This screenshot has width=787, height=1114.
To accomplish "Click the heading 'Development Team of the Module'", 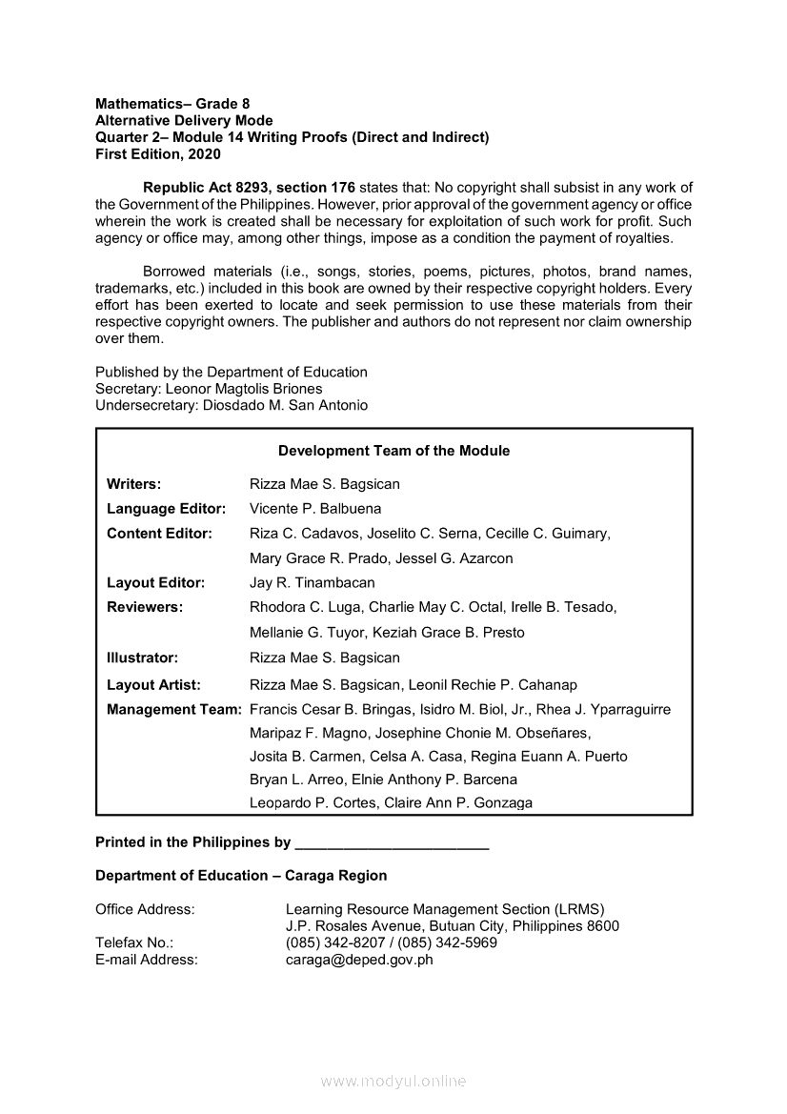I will point(393,451).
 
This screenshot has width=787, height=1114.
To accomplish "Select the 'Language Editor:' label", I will point(166,509).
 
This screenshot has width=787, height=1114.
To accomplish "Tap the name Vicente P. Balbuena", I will point(315,509).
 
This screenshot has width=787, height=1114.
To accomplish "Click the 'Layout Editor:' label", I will point(155,582).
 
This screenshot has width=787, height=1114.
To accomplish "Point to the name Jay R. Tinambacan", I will point(313,582).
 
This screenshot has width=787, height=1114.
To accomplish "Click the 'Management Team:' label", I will point(174,709).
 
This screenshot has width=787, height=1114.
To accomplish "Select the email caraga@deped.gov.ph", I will point(359,960).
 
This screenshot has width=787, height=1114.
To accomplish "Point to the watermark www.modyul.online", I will point(393,1082).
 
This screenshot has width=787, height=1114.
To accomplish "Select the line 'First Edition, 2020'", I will point(158,153).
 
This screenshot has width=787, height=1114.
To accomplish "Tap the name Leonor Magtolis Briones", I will point(244,389).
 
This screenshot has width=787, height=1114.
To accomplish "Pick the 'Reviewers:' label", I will point(145,607).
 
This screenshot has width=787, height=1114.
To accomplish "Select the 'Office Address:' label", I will point(145,909).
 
